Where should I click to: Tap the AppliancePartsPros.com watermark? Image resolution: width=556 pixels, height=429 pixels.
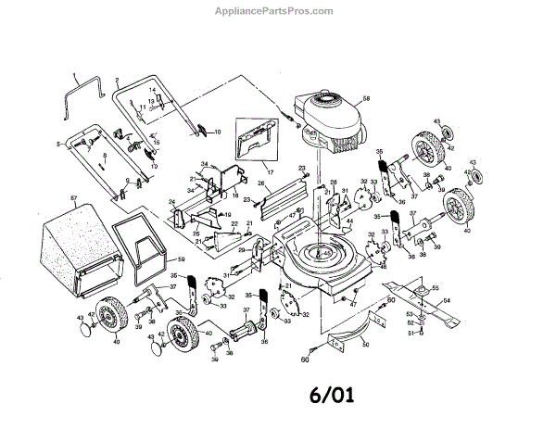(277, 10)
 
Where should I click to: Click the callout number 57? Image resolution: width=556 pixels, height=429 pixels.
(72, 199)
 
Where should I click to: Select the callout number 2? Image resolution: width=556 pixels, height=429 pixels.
(119, 82)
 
